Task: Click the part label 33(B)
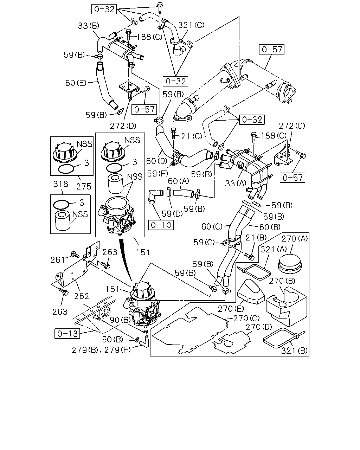click(x=89, y=26)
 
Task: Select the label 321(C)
click(x=191, y=25)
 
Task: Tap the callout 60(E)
click(x=76, y=83)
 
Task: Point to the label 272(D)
click(x=123, y=126)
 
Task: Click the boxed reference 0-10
click(x=161, y=225)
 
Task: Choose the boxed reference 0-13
click(x=67, y=334)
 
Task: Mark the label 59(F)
click(x=157, y=174)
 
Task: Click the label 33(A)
click(x=236, y=184)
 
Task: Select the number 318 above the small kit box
click(x=61, y=184)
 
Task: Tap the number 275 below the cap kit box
click(x=84, y=186)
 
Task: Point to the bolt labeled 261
click(x=75, y=255)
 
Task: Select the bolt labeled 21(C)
click(x=173, y=133)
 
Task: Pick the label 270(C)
click(x=246, y=318)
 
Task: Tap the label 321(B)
click(x=294, y=351)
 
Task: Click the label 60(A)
click(x=179, y=181)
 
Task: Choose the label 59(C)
click(x=204, y=242)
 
